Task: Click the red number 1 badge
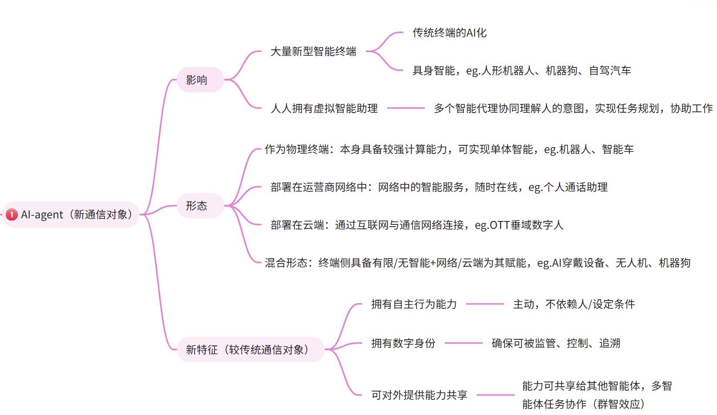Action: click(x=12, y=214)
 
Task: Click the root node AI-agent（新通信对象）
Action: click(x=76, y=214)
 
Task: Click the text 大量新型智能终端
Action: click(x=313, y=51)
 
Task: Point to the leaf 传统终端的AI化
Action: click(x=449, y=33)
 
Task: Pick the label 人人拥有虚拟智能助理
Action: click(x=324, y=108)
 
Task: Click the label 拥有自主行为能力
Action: click(x=413, y=304)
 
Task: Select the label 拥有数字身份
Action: click(x=403, y=343)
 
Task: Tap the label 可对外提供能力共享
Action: click(x=419, y=395)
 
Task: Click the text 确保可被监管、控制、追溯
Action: click(x=555, y=343)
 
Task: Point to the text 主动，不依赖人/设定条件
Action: click(x=574, y=304)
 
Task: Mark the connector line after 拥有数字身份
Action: click(x=463, y=343)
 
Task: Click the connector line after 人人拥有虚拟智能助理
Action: click(x=406, y=108)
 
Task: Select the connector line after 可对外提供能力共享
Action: click(x=495, y=395)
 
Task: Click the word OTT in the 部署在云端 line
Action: click(x=500, y=225)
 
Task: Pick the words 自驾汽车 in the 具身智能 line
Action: click(x=610, y=70)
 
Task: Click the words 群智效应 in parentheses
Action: click(x=619, y=404)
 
